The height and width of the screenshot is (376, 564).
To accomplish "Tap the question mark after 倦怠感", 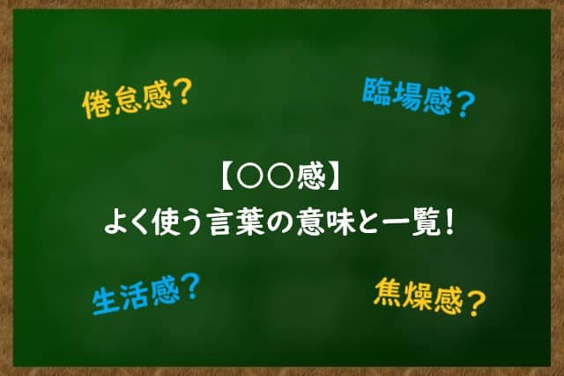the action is tap(181, 93).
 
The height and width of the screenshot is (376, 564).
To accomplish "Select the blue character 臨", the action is tap(376, 92).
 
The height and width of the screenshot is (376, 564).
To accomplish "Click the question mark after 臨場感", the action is tap(465, 104).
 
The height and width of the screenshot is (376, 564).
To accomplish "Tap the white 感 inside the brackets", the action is tap(311, 177).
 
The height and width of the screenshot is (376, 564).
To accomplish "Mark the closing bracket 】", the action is tap(333, 177).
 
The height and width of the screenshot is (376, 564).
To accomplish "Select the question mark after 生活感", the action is tap(190, 287).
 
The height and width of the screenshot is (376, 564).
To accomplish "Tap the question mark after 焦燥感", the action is tap(476, 305).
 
